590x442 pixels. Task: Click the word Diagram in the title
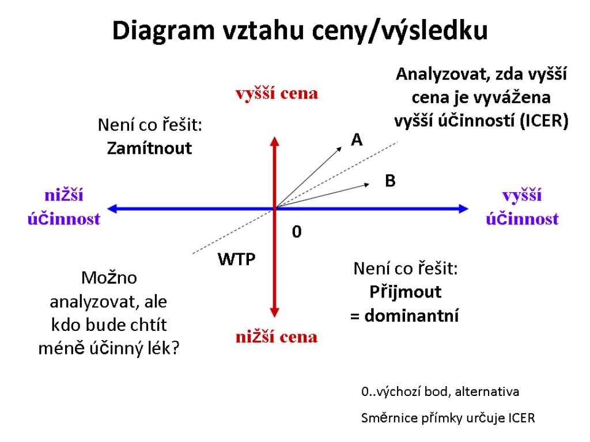(x=163, y=32)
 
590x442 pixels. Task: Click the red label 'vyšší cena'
(x=277, y=94)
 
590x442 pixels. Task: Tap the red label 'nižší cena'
(x=277, y=337)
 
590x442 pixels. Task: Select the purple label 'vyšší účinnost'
(x=522, y=207)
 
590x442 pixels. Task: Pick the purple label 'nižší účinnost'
(x=64, y=207)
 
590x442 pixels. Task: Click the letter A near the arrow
(x=357, y=140)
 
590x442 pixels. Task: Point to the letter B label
(x=390, y=181)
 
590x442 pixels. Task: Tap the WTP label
(x=236, y=260)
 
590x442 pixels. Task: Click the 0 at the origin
(x=297, y=232)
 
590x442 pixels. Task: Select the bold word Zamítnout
(x=149, y=148)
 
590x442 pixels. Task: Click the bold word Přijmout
(x=405, y=292)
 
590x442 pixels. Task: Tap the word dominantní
(x=411, y=316)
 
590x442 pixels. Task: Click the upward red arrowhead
(x=275, y=142)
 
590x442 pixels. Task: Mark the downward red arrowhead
(x=275, y=313)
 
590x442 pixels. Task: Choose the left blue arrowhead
(x=112, y=208)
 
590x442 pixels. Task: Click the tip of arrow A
(x=342, y=147)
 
